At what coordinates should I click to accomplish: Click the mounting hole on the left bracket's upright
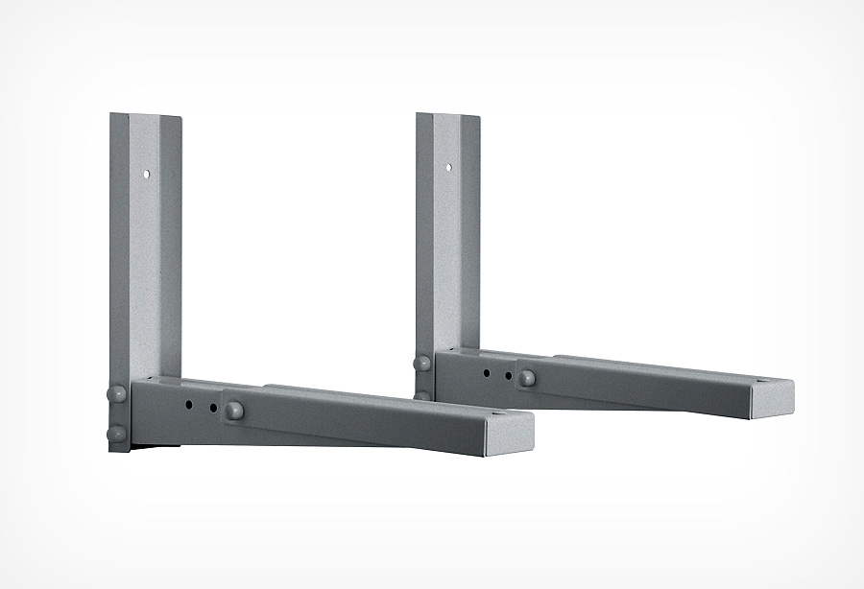[144, 176]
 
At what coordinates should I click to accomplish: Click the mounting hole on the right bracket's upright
[447, 168]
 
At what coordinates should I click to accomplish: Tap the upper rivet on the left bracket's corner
[114, 393]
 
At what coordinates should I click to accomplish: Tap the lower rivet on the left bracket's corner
[114, 434]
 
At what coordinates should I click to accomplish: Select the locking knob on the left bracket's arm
[233, 411]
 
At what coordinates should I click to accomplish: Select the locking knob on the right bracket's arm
[527, 377]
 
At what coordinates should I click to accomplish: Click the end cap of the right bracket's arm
[774, 394]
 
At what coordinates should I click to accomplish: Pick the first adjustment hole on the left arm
[190, 404]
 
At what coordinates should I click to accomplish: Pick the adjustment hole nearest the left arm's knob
[212, 408]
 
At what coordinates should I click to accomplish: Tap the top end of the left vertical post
[145, 117]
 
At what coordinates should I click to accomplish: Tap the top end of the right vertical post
[448, 117]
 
